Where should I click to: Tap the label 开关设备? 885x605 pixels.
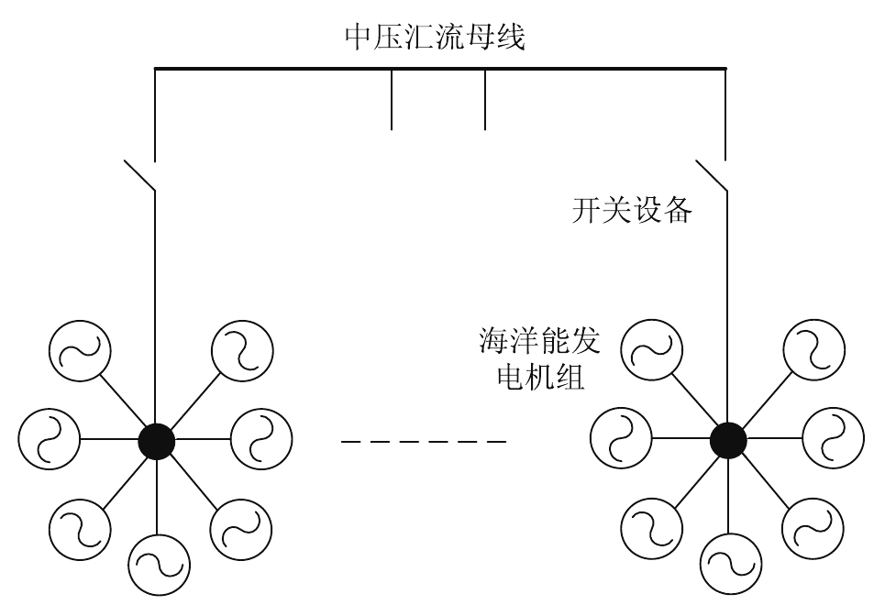point(629,213)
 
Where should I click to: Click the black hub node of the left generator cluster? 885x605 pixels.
point(157,441)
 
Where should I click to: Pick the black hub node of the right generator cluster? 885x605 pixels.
point(728,441)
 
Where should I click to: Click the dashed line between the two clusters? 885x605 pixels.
point(423,443)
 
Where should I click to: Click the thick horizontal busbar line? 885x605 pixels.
point(440,69)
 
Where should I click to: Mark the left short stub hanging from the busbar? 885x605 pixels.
point(393,99)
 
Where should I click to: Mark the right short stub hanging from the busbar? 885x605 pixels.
point(485,99)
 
